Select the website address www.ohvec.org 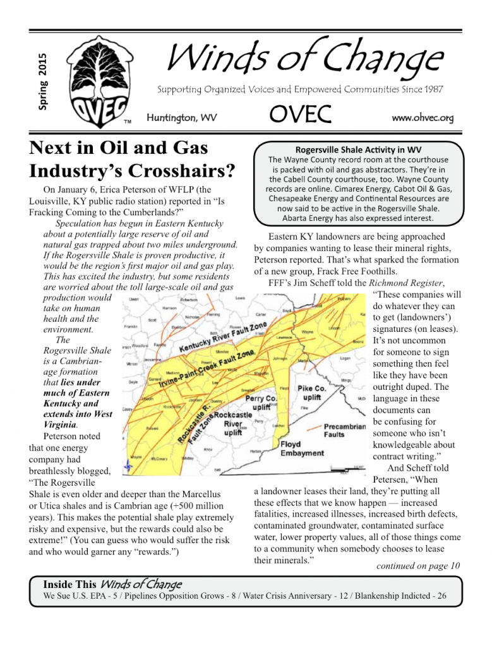point(423,117)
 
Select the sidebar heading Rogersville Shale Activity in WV point(358,150)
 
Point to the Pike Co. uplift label point(311,393)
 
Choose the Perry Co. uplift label point(261,403)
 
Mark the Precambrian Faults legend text point(344,431)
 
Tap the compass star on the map point(129,467)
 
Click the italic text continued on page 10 point(417,565)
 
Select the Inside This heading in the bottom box point(69,584)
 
